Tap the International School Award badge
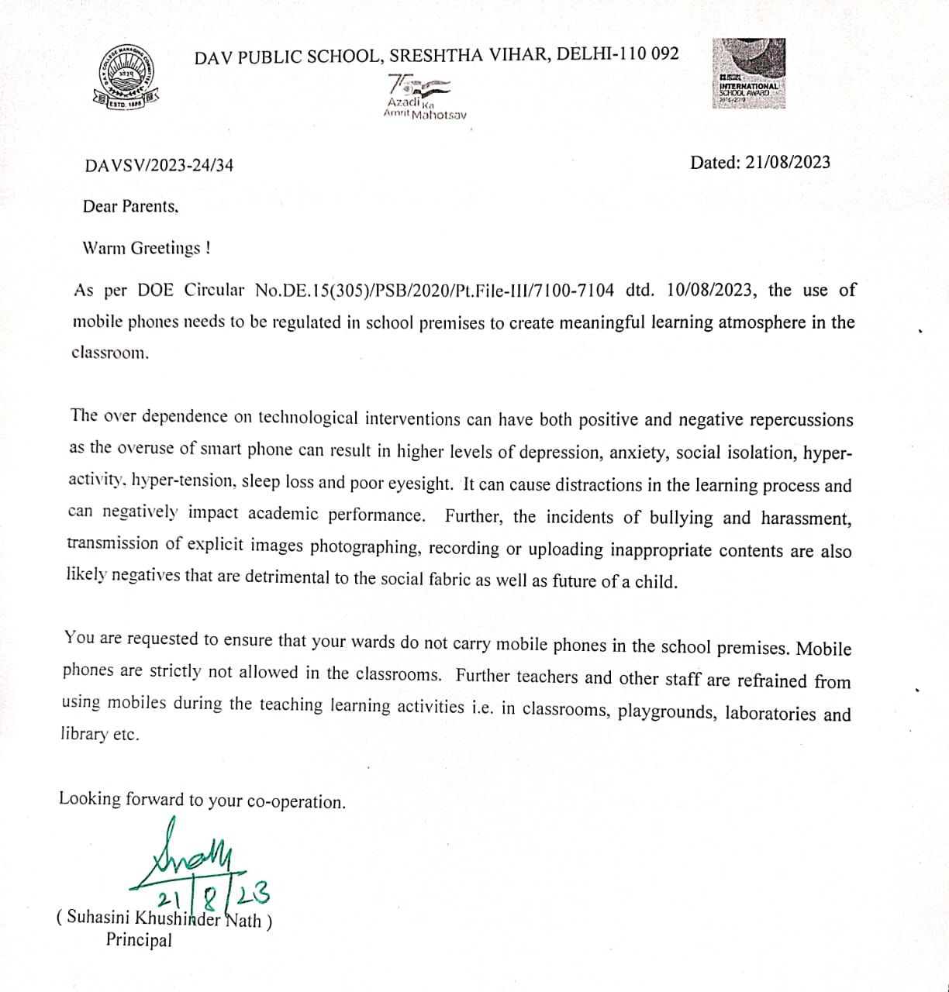(x=749, y=73)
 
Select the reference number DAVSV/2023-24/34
(x=159, y=165)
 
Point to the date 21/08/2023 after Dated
(x=787, y=162)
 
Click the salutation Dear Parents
(x=130, y=206)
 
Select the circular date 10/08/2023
(x=709, y=290)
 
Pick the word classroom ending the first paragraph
(x=109, y=353)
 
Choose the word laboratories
(x=770, y=713)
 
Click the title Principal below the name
(x=139, y=940)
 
